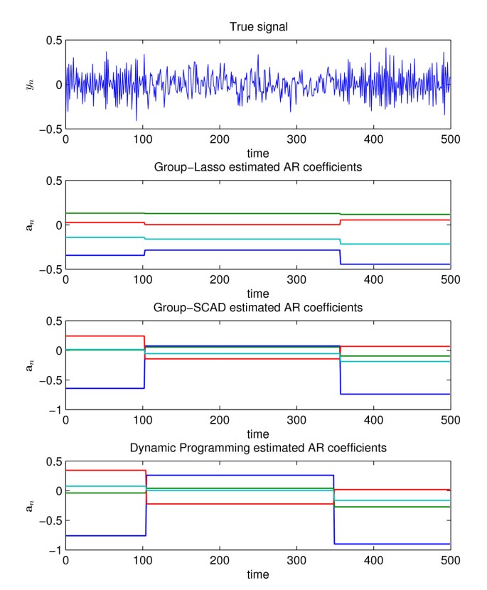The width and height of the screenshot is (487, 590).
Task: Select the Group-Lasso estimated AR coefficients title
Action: [x=258, y=168]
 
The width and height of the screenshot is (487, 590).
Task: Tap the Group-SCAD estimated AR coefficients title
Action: [x=258, y=308]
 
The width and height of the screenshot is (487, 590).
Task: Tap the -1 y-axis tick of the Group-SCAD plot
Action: [x=52, y=410]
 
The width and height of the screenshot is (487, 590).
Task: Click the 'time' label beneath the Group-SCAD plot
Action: [x=258, y=433]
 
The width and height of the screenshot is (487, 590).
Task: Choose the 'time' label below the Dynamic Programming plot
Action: [x=258, y=574]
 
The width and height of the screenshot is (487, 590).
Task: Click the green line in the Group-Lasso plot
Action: [x=213, y=213]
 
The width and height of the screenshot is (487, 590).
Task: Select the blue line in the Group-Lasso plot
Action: [x=213, y=250]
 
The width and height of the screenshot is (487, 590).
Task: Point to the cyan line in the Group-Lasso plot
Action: [x=213, y=239]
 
